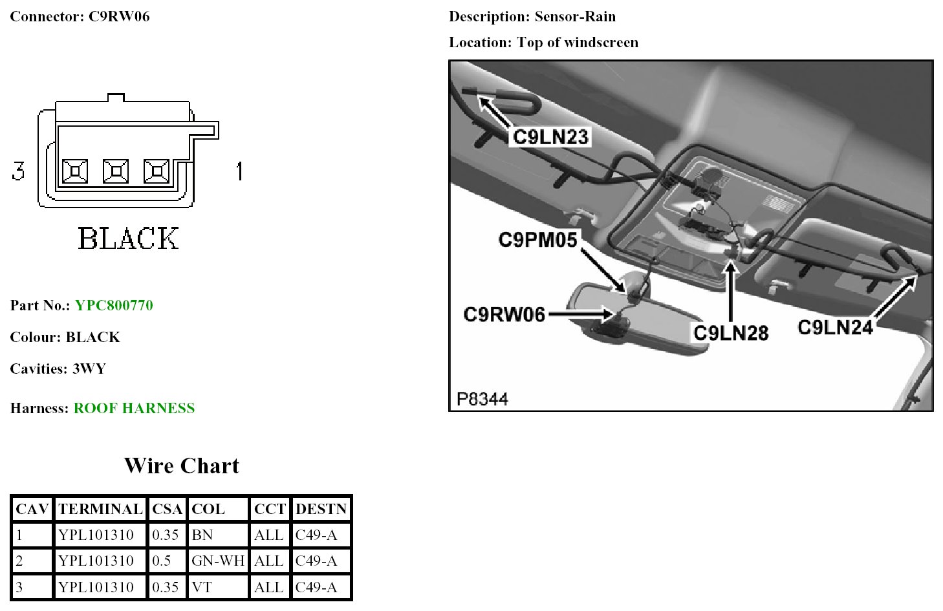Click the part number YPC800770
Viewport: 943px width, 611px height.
[114, 305]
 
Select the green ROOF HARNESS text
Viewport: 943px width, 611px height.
[134, 408]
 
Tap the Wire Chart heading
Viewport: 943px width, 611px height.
[181, 466]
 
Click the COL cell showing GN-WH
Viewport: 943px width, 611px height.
[218, 561]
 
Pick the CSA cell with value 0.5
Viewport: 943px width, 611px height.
[161, 561]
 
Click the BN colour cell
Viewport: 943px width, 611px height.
[202, 535]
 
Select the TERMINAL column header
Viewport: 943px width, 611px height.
[100, 509]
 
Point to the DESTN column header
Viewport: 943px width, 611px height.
[321, 509]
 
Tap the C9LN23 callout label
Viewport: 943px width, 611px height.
[550, 137]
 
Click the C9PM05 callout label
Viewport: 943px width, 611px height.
[537, 240]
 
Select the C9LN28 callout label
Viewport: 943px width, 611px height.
[730, 333]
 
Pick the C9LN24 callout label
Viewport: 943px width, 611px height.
[835, 327]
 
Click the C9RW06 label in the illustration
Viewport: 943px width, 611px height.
[504, 315]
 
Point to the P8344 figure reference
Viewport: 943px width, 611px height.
[482, 398]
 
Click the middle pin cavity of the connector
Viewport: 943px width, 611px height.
[116, 171]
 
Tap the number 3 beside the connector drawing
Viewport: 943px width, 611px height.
[18, 171]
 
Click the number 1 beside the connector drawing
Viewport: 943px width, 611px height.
[239, 171]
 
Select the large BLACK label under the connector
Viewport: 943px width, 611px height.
[128, 238]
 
